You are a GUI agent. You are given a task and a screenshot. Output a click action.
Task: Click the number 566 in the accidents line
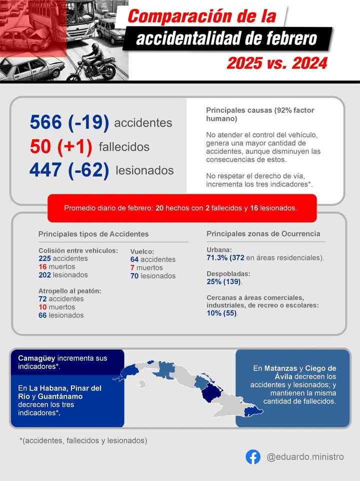[x=46, y=122]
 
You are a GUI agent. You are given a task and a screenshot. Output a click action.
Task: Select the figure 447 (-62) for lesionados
[x=69, y=170]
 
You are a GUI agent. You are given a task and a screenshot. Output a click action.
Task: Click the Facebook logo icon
[x=253, y=457]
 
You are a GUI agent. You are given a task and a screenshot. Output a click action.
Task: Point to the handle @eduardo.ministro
[x=305, y=457]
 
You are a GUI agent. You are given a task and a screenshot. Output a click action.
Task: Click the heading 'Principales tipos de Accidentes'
[x=93, y=234]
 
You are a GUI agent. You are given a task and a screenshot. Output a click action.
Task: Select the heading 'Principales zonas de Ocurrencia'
[x=263, y=233]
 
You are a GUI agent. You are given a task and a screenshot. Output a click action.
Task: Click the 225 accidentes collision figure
[x=63, y=258]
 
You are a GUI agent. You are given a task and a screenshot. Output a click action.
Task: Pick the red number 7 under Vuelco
[x=132, y=267]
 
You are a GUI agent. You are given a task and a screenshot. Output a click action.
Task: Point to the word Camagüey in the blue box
[x=36, y=358]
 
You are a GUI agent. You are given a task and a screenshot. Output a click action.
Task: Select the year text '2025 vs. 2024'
[x=277, y=63]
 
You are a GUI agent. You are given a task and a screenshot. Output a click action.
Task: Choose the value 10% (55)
[x=222, y=313]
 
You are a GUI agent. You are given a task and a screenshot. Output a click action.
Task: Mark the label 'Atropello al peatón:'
[x=70, y=290]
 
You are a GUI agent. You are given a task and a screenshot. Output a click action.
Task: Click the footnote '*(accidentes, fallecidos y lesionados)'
[x=83, y=440]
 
